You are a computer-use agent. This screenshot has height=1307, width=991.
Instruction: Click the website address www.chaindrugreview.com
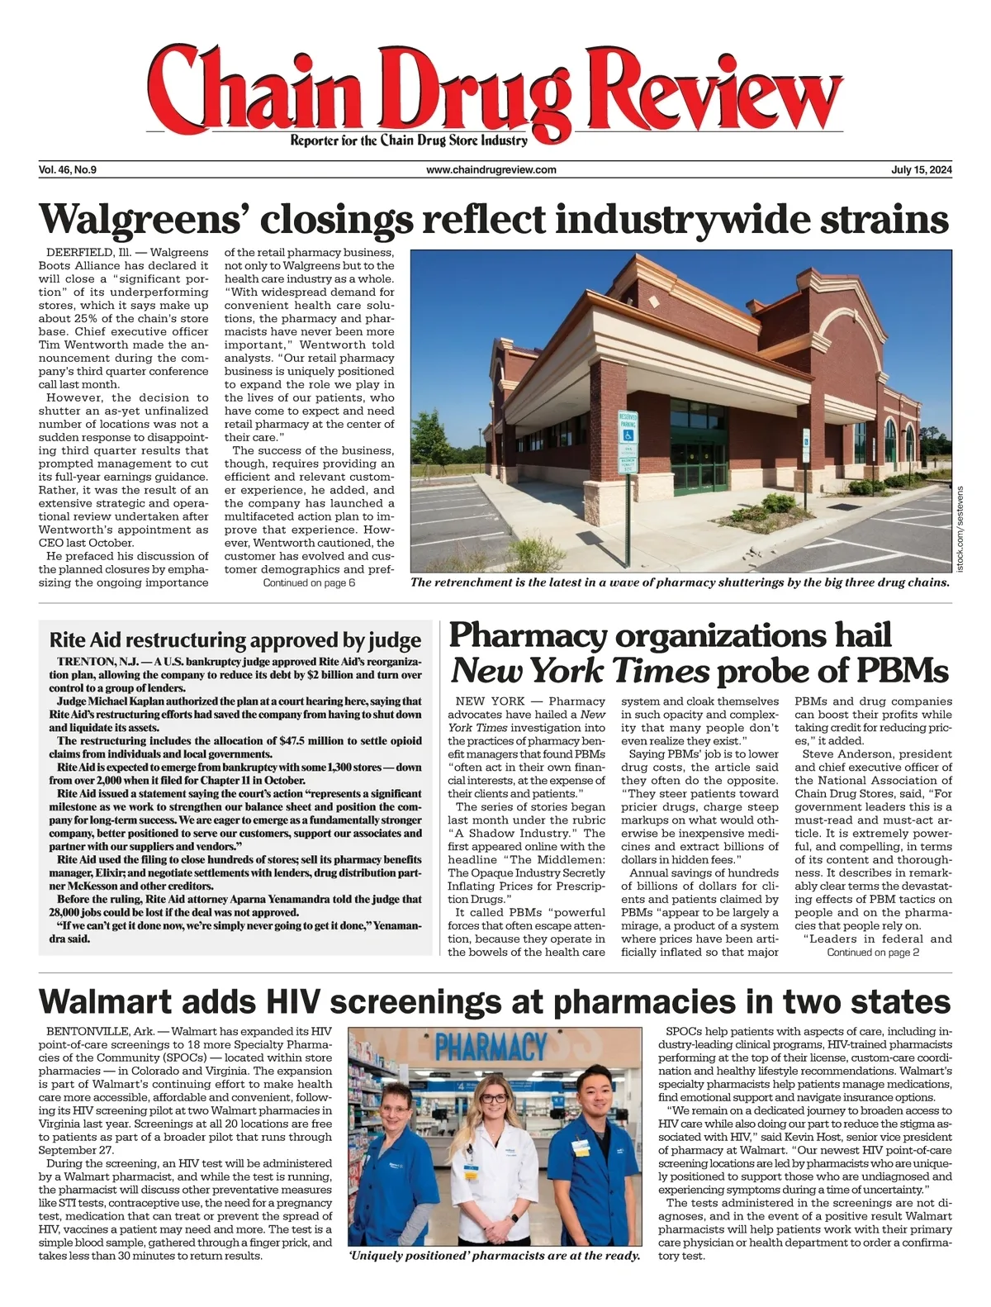[491, 170]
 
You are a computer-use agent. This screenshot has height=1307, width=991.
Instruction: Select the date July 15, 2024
[922, 170]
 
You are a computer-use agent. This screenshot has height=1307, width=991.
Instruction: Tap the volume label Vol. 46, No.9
[68, 170]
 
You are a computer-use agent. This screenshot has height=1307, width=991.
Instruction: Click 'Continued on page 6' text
[309, 583]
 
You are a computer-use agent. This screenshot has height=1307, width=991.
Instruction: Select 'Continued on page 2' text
[873, 953]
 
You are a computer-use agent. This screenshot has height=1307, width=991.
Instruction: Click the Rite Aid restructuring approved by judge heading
[235, 640]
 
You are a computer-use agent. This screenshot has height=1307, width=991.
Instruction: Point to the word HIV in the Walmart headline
[268, 1001]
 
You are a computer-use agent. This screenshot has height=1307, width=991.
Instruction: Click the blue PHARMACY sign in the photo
[497, 1048]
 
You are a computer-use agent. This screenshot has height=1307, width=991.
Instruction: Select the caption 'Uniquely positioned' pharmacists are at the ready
[495, 1256]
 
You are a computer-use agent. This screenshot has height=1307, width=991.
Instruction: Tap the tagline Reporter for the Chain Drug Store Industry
[409, 141]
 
